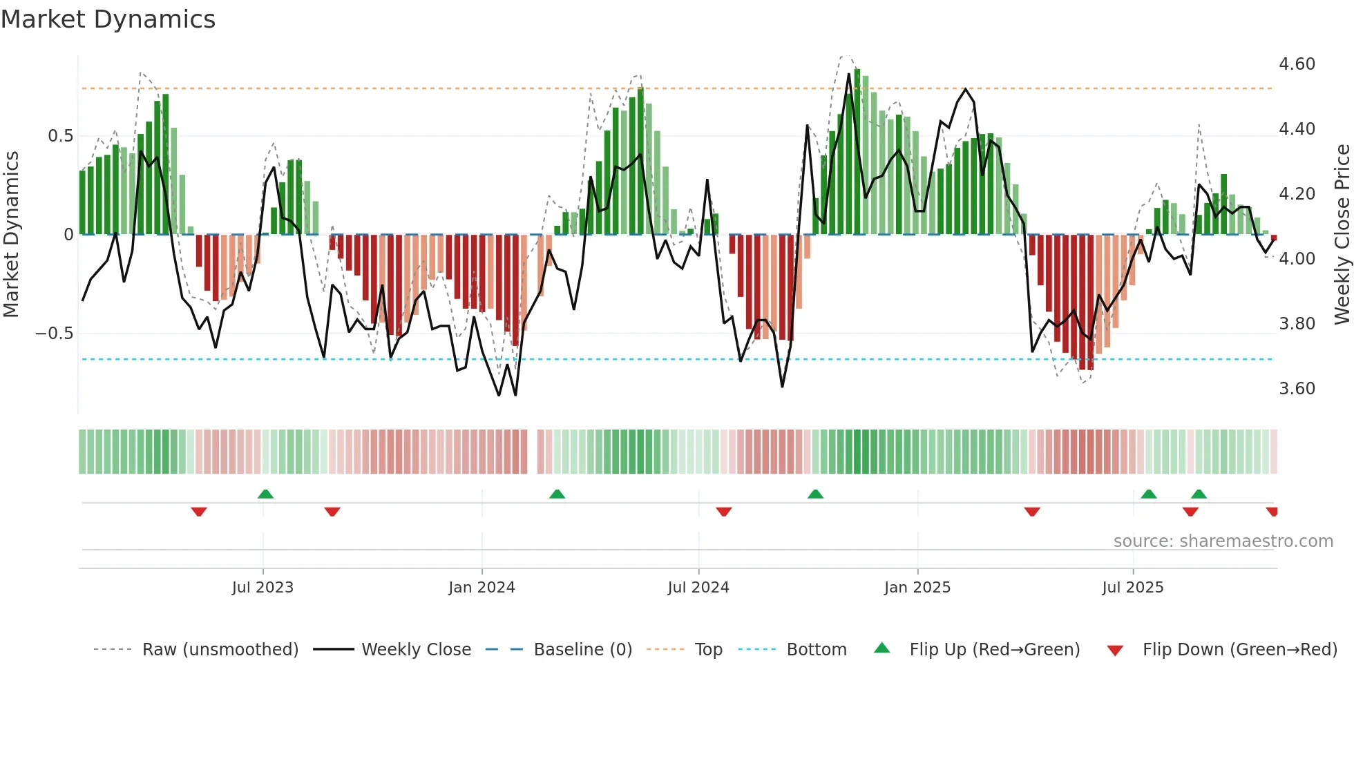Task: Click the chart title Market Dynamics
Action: pos(108,19)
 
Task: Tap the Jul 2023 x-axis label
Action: pos(263,588)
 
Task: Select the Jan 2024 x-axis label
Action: pos(481,588)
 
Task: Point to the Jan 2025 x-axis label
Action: pos(917,588)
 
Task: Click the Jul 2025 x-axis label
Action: pos(1133,588)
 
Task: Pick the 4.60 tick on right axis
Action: pos(1297,64)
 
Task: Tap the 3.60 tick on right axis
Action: pos(1297,389)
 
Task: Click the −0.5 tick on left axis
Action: pos(54,334)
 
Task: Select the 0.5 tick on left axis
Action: pos(60,136)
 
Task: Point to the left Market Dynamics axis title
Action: pos(11,235)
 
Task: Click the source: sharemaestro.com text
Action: pos(1223,541)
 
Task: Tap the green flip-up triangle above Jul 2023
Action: pos(265,494)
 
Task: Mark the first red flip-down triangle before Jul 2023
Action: pos(199,512)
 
